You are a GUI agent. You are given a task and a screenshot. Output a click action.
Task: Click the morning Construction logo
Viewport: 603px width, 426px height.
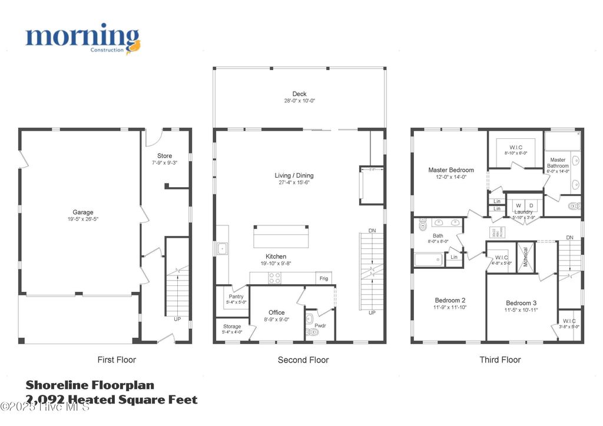click(x=82, y=39)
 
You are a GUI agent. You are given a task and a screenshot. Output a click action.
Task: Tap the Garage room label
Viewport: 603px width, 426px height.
click(x=83, y=212)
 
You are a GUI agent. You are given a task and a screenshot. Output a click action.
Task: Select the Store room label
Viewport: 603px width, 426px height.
click(x=164, y=156)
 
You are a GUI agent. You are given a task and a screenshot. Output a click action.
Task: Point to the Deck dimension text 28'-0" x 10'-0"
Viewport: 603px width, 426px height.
click(x=299, y=101)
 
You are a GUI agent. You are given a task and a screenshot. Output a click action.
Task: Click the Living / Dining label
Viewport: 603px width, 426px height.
click(x=294, y=175)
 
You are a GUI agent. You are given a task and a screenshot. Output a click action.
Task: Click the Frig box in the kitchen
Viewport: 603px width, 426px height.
click(x=324, y=278)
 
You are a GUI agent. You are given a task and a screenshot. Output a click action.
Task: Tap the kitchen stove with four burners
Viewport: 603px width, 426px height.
click(x=274, y=278)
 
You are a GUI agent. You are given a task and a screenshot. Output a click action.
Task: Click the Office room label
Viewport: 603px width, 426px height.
click(x=276, y=312)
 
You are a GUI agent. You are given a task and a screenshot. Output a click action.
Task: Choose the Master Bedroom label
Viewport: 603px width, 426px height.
click(x=450, y=170)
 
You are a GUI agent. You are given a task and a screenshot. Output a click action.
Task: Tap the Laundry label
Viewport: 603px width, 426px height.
click(x=522, y=212)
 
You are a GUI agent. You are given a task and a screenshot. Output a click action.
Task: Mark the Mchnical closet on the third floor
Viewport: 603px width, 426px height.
click(x=525, y=257)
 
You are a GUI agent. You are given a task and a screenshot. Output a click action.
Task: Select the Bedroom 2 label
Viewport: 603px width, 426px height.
click(x=450, y=300)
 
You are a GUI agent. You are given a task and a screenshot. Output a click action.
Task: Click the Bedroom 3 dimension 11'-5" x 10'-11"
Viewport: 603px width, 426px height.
click(x=521, y=310)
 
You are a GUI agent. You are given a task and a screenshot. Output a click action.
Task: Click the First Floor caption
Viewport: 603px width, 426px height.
click(x=116, y=360)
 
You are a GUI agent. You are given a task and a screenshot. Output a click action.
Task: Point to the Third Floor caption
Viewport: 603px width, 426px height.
click(x=500, y=360)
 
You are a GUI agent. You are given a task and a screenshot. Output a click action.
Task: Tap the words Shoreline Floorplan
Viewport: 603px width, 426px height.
click(x=90, y=385)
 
